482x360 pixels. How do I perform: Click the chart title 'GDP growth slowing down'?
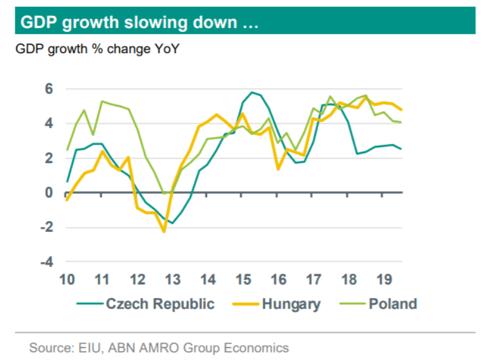[139, 23]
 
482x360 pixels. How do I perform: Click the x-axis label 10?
[67, 280]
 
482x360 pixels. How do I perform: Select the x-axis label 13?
[173, 280]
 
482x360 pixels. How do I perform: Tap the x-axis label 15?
[244, 280]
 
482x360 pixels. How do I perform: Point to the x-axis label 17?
[314, 280]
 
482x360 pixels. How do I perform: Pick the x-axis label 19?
[385, 280]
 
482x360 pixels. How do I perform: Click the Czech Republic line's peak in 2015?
[252, 92]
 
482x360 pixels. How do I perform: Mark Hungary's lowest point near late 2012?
[164, 231]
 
